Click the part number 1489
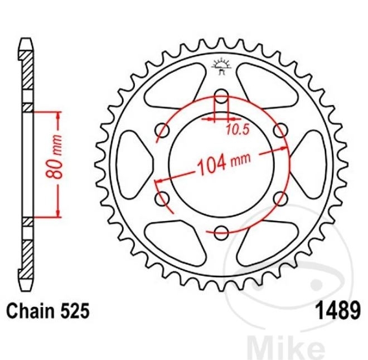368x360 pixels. click(x=338, y=310)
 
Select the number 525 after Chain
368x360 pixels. click(x=76, y=310)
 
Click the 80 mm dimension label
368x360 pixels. click(x=55, y=156)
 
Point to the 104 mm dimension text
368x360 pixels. click(x=224, y=162)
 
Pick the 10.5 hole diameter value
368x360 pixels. click(x=238, y=129)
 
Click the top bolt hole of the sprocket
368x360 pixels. click(x=221, y=96)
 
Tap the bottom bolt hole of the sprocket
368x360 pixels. click(x=221, y=233)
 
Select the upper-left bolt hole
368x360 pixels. click(x=162, y=130)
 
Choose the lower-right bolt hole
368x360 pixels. click(x=280, y=198)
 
